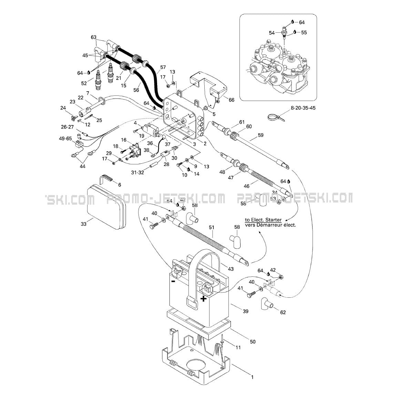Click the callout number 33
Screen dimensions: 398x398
[83, 224]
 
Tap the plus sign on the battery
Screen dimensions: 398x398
[204, 298]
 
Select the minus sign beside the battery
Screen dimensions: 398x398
[173, 281]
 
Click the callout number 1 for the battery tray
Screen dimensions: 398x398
[252, 377]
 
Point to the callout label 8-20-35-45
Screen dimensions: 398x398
[303, 108]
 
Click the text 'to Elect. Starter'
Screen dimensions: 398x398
[263, 220]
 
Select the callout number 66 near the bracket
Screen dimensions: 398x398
[231, 100]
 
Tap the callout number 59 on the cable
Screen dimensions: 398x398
[260, 135]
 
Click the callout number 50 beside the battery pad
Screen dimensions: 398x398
[253, 341]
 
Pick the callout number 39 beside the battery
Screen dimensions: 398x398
[245, 311]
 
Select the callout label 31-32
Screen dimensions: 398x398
[136, 172]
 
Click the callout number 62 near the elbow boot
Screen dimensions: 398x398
[283, 312]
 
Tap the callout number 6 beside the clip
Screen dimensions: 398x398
[119, 185]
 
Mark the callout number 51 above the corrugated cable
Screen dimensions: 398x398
[211, 227]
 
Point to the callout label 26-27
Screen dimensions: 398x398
[67, 126]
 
